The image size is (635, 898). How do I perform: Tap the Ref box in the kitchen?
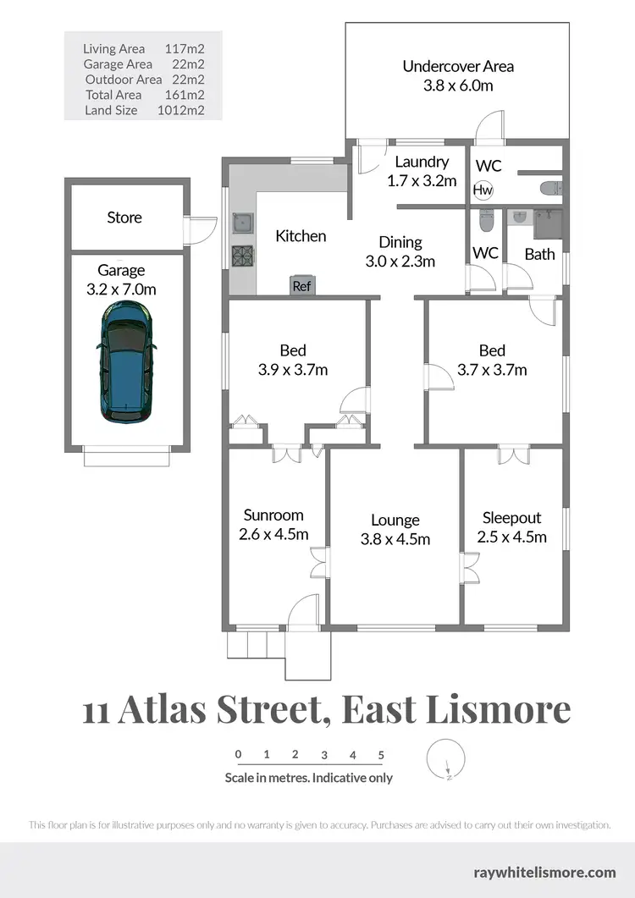301,286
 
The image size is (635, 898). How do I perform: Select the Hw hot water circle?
483,190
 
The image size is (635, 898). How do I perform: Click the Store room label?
124,218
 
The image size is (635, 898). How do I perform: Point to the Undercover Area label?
458,66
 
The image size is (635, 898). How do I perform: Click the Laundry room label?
422,162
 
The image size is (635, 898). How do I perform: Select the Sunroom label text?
273,515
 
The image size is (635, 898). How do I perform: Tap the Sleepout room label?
511,518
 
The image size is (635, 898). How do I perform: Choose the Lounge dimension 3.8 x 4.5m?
395,539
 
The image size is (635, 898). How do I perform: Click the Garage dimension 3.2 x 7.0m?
121,289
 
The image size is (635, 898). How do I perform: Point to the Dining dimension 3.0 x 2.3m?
400,262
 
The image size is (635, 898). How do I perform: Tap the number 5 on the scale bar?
382,754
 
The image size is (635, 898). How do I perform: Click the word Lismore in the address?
500,710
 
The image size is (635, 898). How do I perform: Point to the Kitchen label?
301,236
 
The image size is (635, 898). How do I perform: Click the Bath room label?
539,253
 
